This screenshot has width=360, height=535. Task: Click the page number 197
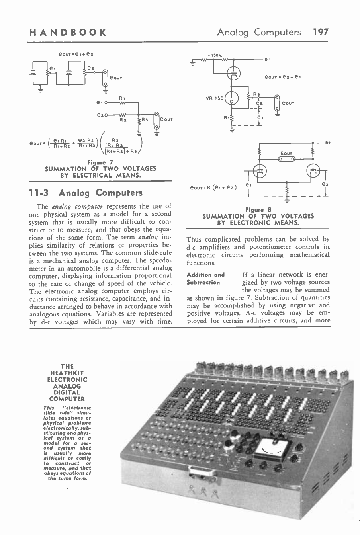(321, 32)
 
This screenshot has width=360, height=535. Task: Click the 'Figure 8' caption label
(258, 210)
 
